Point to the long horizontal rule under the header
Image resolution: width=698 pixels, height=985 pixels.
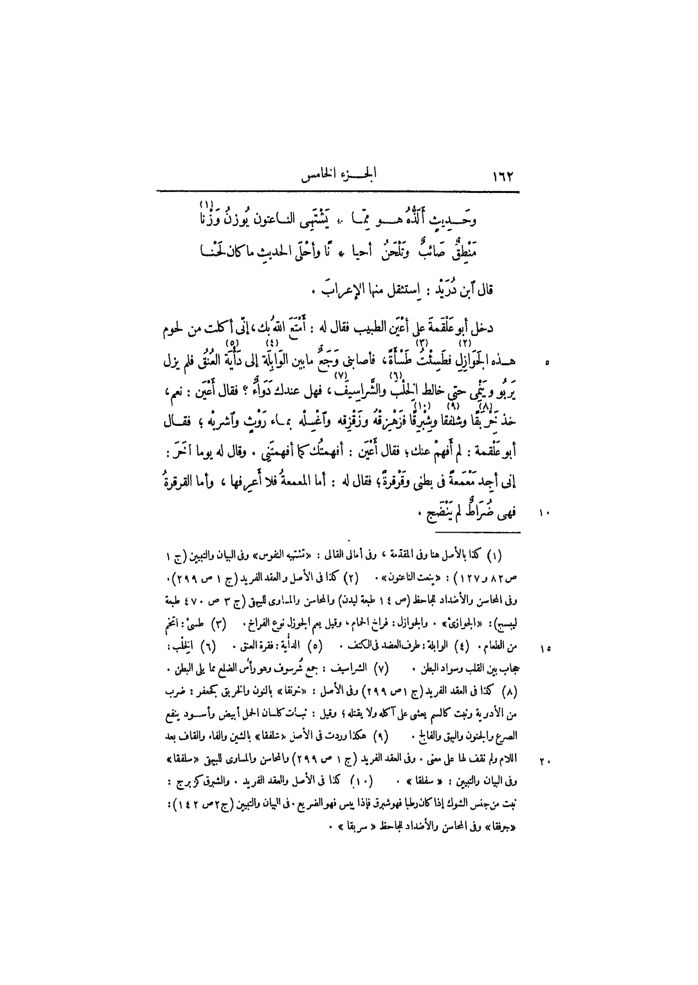pyautogui.click(x=338, y=192)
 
